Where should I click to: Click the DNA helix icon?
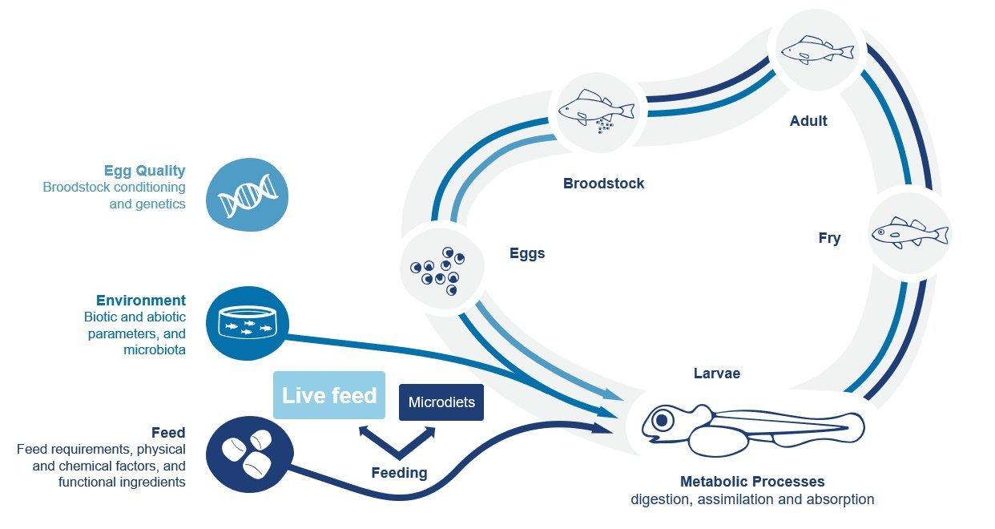(x=248, y=196)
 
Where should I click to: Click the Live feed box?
(x=329, y=395)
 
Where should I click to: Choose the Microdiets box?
(x=441, y=402)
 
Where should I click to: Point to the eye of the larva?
(x=662, y=419)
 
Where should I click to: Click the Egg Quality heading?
(x=144, y=171)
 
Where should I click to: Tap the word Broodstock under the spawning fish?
(x=603, y=184)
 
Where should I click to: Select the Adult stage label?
(x=808, y=121)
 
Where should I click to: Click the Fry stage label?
(x=829, y=238)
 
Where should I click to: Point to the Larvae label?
(x=716, y=374)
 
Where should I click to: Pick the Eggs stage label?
(x=527, y=253)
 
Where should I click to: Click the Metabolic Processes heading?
(x=751, y=482)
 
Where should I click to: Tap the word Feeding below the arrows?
(x=399, y=473)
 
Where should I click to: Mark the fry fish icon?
(x=909, y=232)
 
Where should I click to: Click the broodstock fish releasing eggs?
(x=596, y=109)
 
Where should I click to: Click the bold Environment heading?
(x=141, y=301)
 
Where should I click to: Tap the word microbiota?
(x=155, y=350)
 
